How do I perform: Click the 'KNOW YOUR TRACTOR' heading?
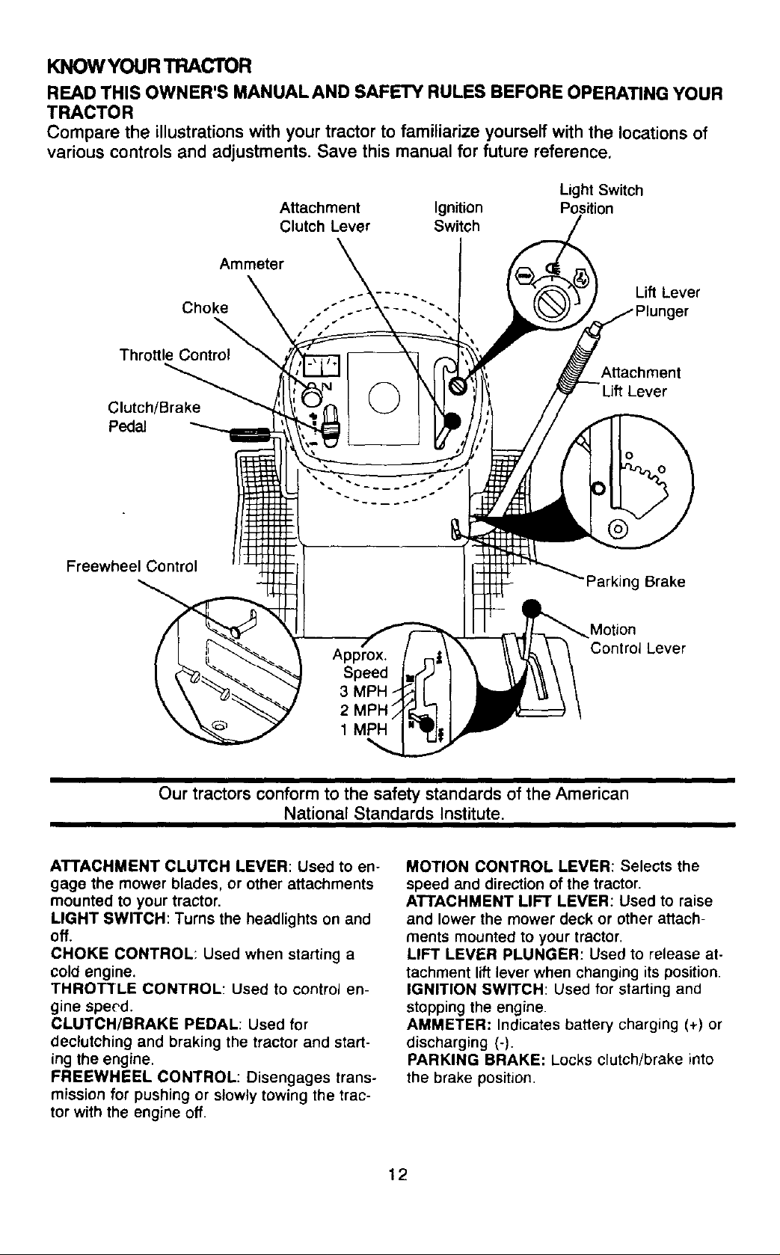coord(149,67)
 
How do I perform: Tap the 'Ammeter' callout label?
coord(251,264)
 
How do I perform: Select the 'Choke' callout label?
coord(205,307)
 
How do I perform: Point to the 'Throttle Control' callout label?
coord(175,355)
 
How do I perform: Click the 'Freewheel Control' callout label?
coord(132,566)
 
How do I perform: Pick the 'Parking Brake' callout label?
coord(636,582)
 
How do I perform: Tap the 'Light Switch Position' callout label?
coord(601,200)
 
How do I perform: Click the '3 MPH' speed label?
coord(364,691)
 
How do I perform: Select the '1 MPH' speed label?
coord(364,729)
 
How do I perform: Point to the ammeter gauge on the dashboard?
coord(322,365)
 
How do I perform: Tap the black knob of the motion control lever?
coord(531,607)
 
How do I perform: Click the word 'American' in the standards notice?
coord(594,794)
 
